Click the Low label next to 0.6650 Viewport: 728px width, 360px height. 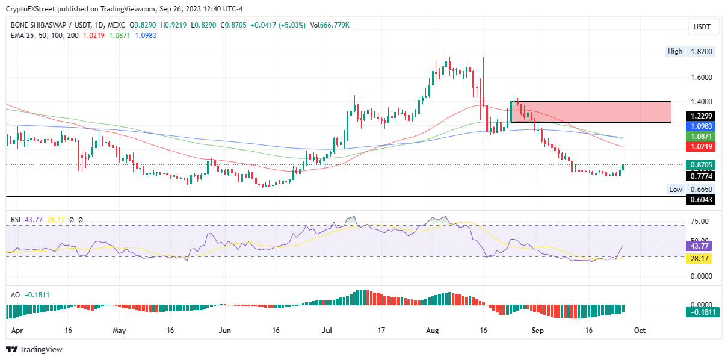coord(676,190)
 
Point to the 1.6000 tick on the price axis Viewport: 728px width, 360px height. coord(701,78)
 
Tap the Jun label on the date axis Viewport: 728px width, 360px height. coord(225,331)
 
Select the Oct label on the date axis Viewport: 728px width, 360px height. coord(640,331)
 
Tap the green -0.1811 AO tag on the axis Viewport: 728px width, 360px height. coord(701,312)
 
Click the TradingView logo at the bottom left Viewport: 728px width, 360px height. coord(34,350)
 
